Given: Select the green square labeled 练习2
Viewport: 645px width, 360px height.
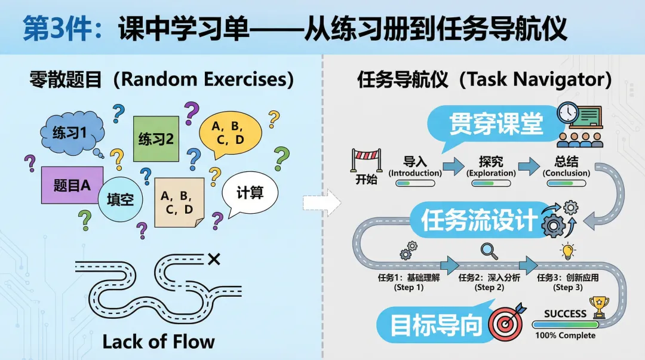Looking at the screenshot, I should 156,139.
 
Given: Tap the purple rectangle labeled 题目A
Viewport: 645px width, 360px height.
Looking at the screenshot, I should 72,185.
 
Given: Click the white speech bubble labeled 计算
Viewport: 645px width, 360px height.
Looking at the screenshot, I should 250,193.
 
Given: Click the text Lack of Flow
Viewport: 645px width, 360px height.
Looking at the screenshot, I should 158,341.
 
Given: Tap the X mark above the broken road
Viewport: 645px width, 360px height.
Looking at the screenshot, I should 214,259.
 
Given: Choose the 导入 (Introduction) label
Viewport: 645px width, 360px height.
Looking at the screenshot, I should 415,167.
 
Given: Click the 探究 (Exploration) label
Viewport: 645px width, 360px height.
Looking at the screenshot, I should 491,167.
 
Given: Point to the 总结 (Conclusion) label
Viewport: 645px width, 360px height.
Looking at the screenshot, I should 566,167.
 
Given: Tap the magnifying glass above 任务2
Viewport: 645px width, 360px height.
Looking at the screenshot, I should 489,249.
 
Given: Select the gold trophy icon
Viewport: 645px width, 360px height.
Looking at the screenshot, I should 598,307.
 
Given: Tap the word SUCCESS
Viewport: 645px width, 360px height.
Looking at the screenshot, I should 565,313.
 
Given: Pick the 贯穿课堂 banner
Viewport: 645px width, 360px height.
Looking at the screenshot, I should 496,125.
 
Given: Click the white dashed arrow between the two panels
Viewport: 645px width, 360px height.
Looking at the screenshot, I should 321,203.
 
